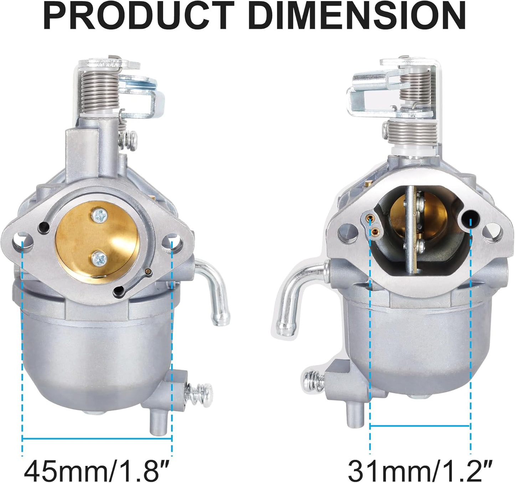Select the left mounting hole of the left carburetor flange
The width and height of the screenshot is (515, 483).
point(22,240)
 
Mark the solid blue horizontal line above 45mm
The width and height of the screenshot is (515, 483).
point(97,439)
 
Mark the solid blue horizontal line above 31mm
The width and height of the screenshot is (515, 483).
point(420,425)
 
